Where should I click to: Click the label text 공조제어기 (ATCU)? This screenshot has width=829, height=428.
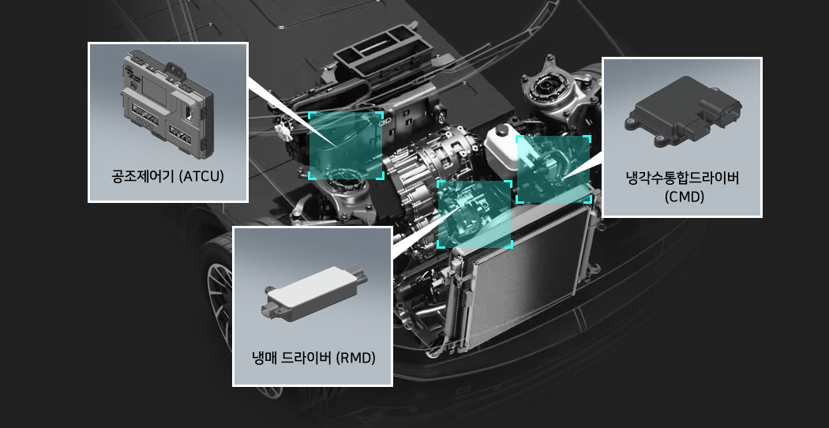[x=167, y=176]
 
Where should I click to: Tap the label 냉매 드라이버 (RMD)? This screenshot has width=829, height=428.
[x=313, y=359]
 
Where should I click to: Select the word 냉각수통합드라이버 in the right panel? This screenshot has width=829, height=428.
[x=682, y=178]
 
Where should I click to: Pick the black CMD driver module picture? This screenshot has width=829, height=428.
[x=683, y=111]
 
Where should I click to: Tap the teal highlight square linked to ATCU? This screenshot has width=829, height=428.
[x=346, y=145]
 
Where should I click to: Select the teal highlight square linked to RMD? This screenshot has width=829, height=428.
[x=475, y=214]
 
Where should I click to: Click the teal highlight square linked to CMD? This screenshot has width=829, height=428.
[x=553, y=169]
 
